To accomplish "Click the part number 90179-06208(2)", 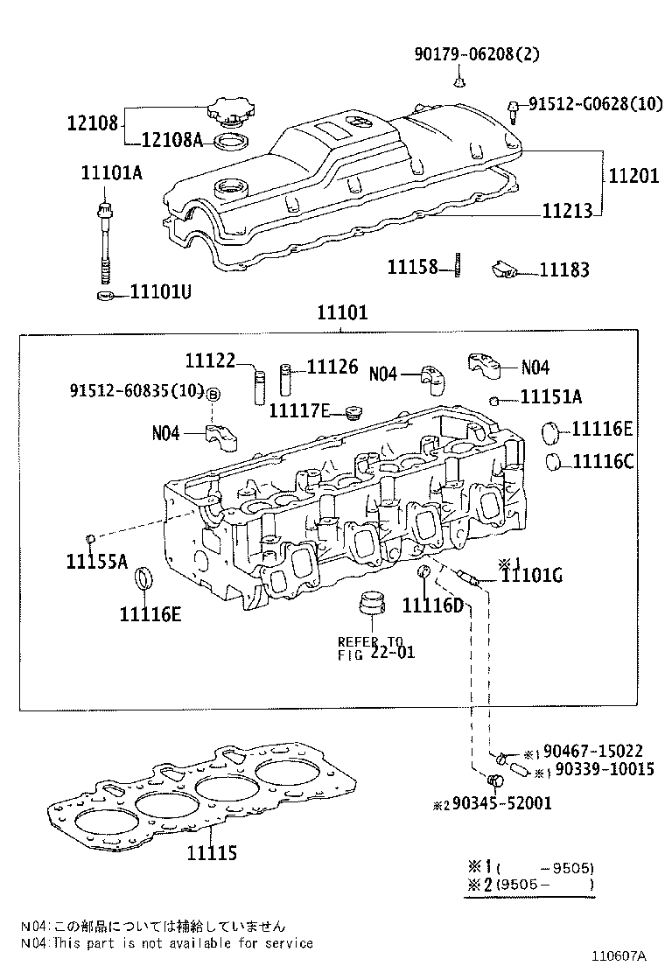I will point(477,54).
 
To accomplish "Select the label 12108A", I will point(171,140).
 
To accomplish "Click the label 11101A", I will point(111,172).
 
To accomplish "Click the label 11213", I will point(566,211).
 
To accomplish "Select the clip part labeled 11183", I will point(506,270).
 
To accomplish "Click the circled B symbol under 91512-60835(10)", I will point(213,395).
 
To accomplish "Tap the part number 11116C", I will point(603,461).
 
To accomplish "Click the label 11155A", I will point(96,561).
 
